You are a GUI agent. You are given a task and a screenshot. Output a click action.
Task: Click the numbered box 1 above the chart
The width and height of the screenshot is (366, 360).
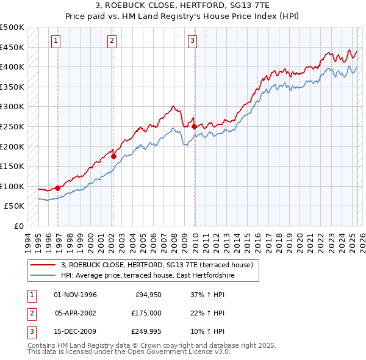click(x=56, y=41)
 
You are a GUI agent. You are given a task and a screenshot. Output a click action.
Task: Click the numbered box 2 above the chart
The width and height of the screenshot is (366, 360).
click(x=113, y=41)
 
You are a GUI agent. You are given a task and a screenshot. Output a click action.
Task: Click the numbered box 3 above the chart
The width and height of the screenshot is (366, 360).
click(x=192, y=41)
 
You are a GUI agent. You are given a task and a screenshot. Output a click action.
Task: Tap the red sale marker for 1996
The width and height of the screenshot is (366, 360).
click(x=58, y=188)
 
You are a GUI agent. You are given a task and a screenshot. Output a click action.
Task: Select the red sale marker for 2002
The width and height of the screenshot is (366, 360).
click(x=113, y=156)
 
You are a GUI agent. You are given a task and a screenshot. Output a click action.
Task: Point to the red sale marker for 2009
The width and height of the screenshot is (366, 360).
click(x=195, y=126)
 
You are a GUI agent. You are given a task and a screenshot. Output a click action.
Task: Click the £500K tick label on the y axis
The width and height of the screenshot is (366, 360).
click(x=12, y=27)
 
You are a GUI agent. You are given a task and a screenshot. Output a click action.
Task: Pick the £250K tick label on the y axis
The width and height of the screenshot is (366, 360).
click(x=12, y=126)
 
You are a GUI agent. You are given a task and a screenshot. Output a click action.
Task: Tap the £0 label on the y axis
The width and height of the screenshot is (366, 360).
click(x=19, y=226)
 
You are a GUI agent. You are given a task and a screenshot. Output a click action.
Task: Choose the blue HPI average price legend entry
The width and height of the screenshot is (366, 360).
click(x=147, y=276)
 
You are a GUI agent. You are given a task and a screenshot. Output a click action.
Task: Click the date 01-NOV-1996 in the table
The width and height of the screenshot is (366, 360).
click(x=76, y=295)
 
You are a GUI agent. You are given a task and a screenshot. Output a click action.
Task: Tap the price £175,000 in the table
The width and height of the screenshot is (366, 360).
click(x=146, y=313)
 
